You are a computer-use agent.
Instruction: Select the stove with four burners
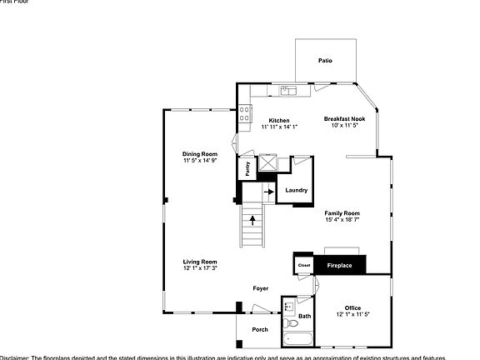(x=245, y=113)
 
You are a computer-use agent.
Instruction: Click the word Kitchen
(x=278, y=121)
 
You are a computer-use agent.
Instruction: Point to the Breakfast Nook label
(x=345, y=119)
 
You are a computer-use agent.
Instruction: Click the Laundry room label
(x=297, y=191)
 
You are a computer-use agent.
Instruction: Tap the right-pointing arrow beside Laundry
(x=269, y=191)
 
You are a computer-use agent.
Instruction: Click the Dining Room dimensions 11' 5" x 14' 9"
(x=200, y=160)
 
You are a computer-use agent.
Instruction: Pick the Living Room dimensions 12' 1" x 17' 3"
(x=200, y=268)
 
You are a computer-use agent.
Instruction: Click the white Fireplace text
(x=338, y=266)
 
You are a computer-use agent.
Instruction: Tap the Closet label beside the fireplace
(x=302, y=266)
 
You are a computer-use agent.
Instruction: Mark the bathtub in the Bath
(x=297, y=340)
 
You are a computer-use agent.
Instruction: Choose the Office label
(x=352, y=307)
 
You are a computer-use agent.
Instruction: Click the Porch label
(x=260, y=329)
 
